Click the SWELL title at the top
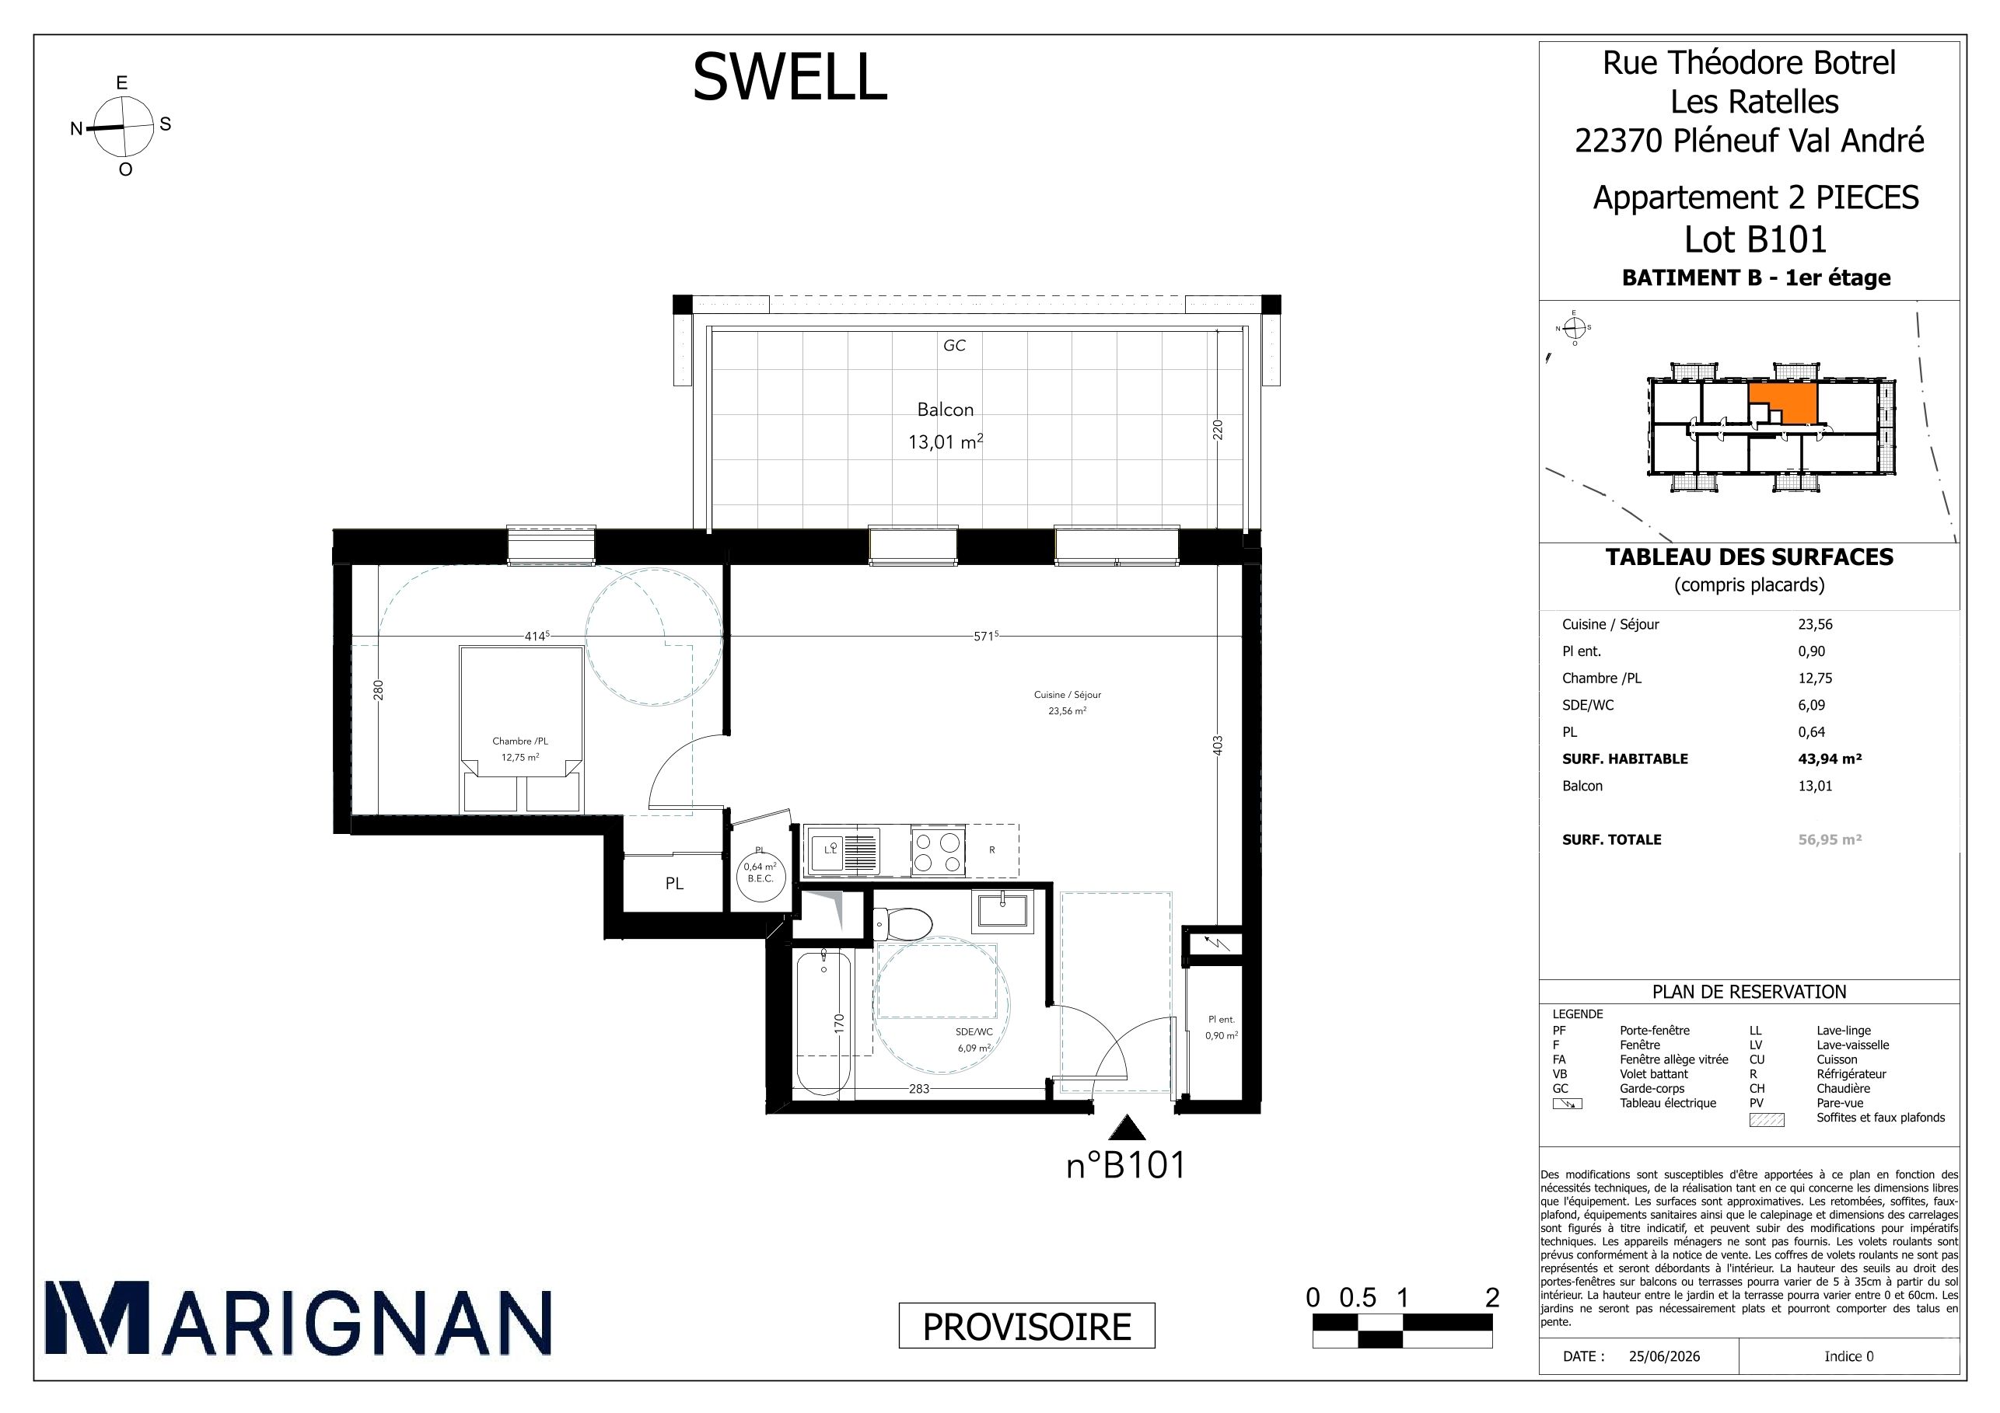coord(789,77)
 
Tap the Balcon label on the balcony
coord(945,409)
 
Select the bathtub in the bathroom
coord(823,1024)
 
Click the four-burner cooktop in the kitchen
coord(938,850)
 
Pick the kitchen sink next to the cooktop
coord(841,850)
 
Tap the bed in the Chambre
coord(522,729)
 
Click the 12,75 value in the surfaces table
coord(1816,679)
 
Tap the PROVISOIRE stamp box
coord(1027,1326)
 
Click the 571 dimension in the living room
coord(985,637)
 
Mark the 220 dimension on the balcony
coord(1218,429)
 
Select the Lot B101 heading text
coord(1755,239)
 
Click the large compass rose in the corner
coord(123,126)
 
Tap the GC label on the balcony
coord(954,346)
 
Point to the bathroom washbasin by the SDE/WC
coord(1005,909)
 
